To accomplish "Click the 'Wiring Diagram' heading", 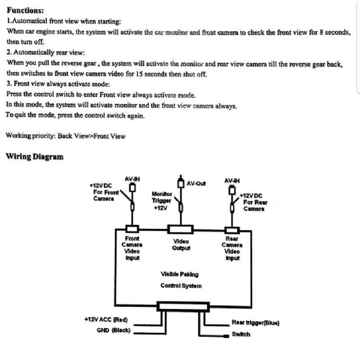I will (34, 157).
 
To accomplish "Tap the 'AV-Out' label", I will (196, 183).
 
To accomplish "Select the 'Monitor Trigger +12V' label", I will (162, 201).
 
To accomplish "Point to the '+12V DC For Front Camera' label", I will (104, 192).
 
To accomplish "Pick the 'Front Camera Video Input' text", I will (132, 248).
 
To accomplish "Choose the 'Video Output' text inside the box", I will (181, 244).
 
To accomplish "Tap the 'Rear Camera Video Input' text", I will (232, 248).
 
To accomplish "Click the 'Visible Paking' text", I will (180, 274).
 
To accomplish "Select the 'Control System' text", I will (181, 286).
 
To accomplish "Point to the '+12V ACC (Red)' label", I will (106, 319).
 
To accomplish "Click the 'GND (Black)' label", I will (113, 330).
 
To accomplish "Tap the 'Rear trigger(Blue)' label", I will (255, 323).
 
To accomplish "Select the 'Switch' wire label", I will (241, 334).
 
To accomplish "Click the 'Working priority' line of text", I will (66, 136).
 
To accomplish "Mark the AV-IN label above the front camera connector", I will (132, 179).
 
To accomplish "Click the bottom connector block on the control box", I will (183, 307).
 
